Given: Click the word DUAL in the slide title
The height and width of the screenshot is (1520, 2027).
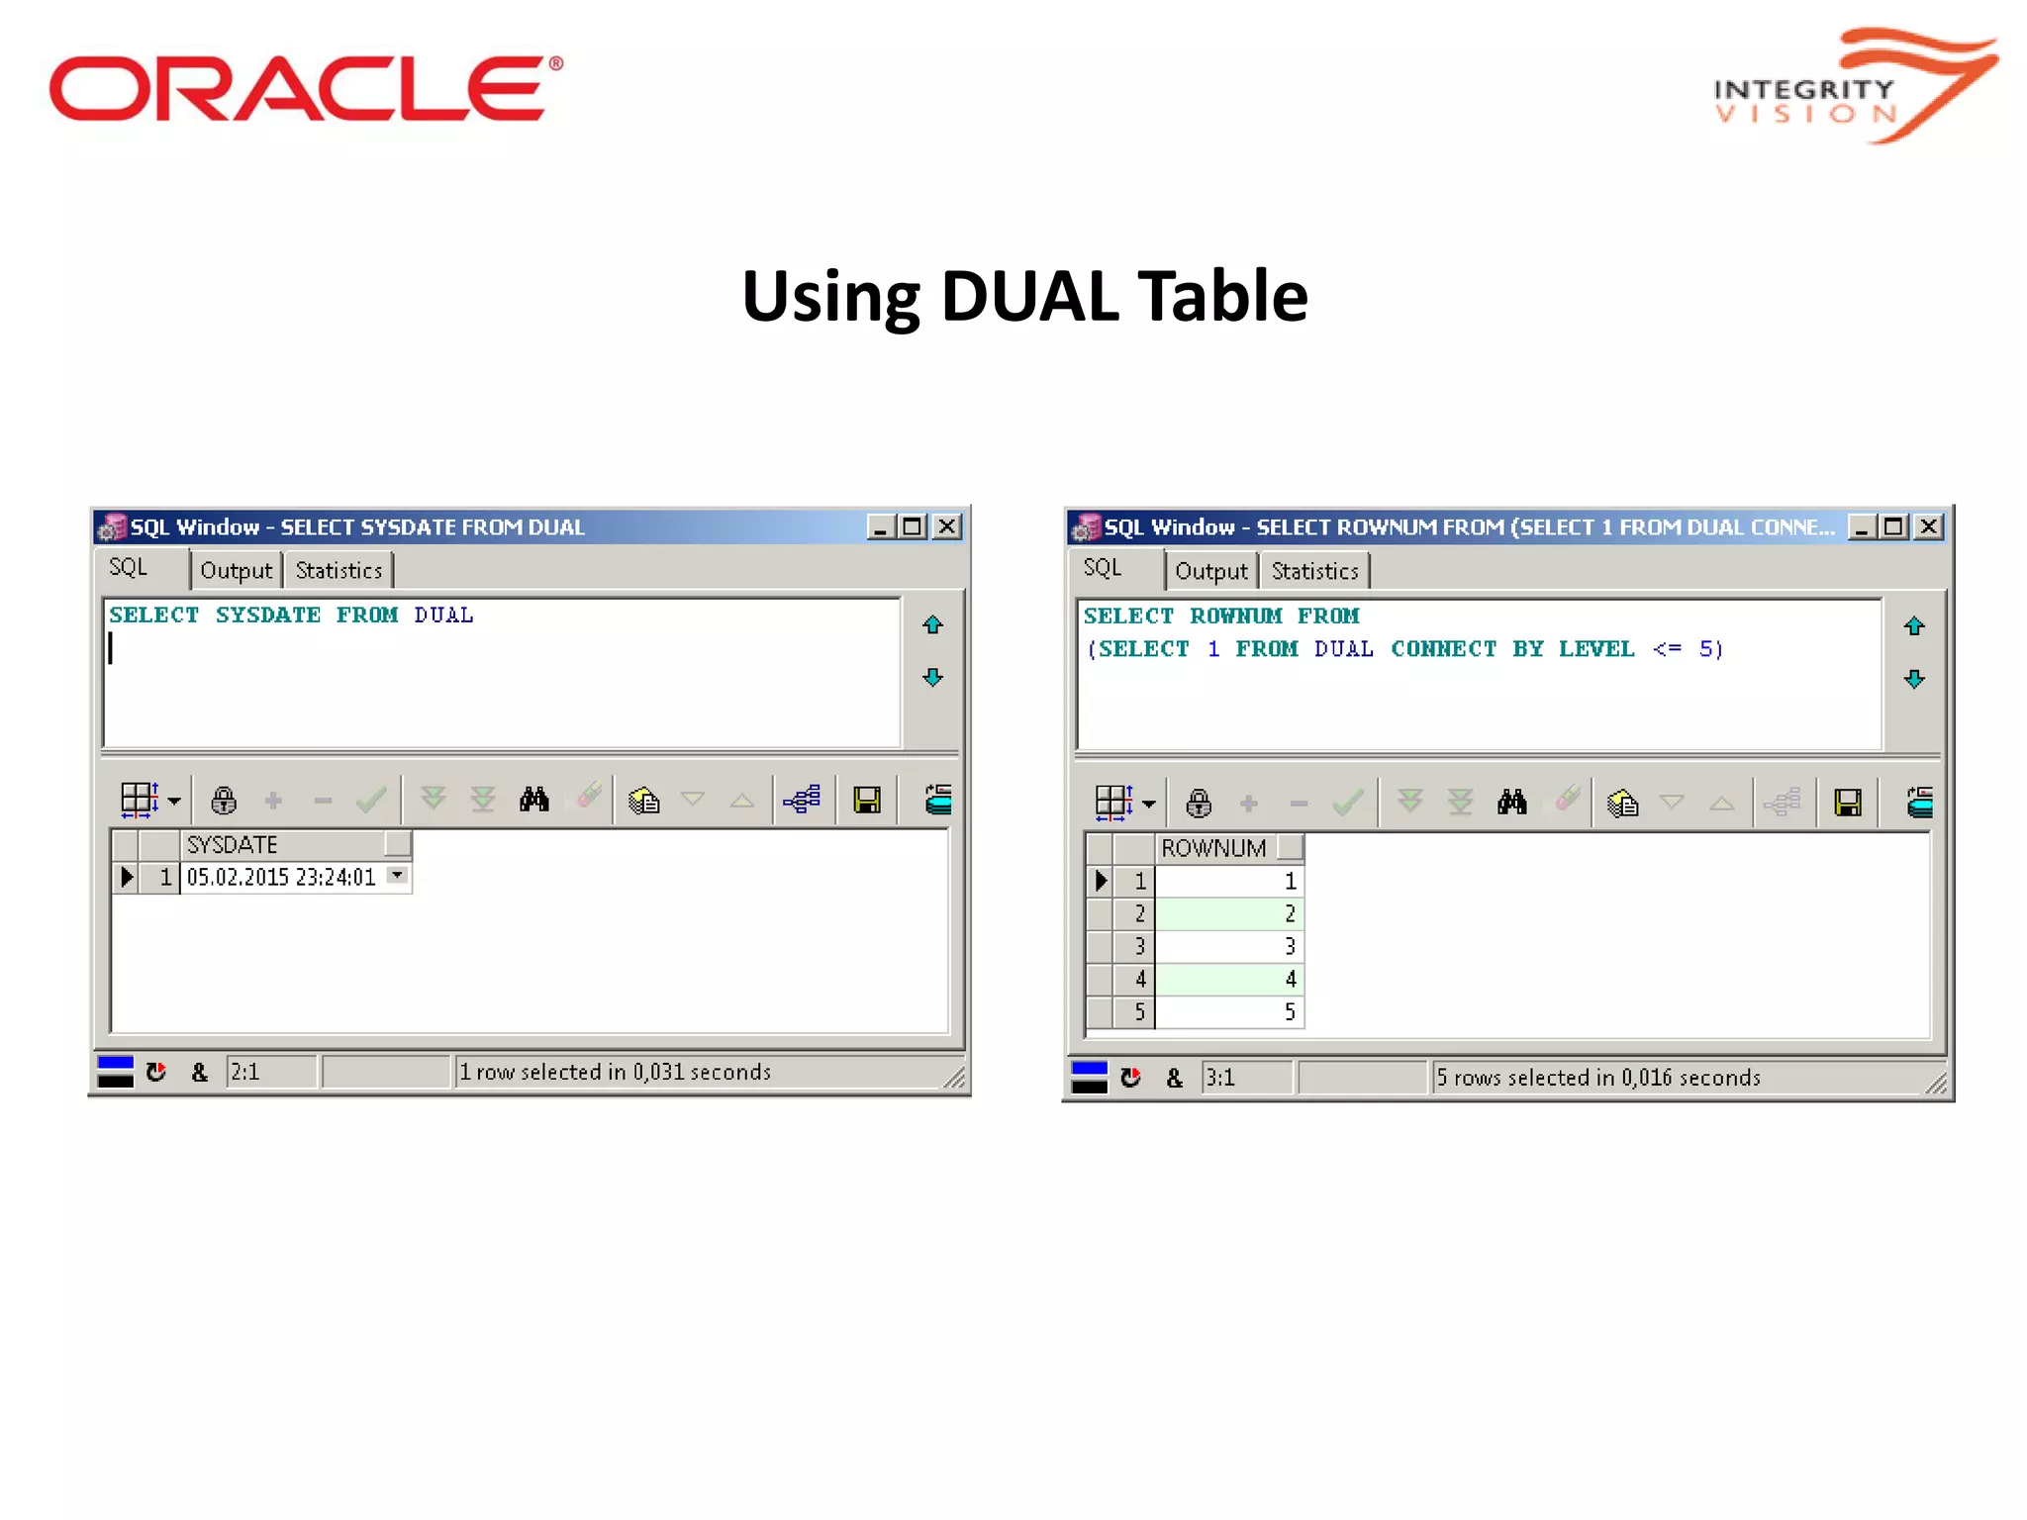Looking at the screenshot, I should pyautogui.click(x=1029, y=297).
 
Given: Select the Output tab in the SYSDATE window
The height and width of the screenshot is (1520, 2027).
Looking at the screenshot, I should pyautogui.click(x=236, y=571).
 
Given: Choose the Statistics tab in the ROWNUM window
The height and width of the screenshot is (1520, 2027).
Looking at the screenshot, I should pyautogui.click(x=1314, y=572).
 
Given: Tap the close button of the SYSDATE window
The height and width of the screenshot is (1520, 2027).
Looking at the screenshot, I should pyautogui.click(x=947, y=526).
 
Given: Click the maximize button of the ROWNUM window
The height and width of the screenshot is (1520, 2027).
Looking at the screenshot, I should pyautogui.click(x=1894, y=527).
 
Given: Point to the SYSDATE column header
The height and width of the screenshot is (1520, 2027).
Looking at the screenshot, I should pyautogui.click(x=233, y=845).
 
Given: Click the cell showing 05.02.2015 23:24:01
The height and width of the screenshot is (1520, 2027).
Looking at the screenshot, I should pyautogui.click(x=281, y=878).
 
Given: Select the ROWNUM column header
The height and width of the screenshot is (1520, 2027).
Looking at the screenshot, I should pyautogui.click(x=1213, y=849).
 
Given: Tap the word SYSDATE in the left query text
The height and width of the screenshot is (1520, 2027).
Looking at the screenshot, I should pyautogui.click(x=268, y=616).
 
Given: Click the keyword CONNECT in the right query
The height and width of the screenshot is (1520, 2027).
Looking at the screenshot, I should pyautogui.click(x=1443, y=649).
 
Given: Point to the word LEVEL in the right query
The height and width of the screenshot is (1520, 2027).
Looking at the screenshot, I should pyautogui.click(x=1595, y=649).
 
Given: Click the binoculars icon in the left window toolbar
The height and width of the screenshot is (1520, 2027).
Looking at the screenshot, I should pyautogui.click(x=533, y=800).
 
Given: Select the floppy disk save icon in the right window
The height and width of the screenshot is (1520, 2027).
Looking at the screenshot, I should pyautogui.click(x=1847, y=803).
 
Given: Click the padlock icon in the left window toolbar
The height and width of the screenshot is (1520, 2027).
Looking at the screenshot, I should pyautogui.click(x=224, y=800).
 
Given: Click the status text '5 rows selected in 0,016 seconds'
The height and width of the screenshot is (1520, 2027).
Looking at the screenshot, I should pyautogui.click(x=1597, y=1078).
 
